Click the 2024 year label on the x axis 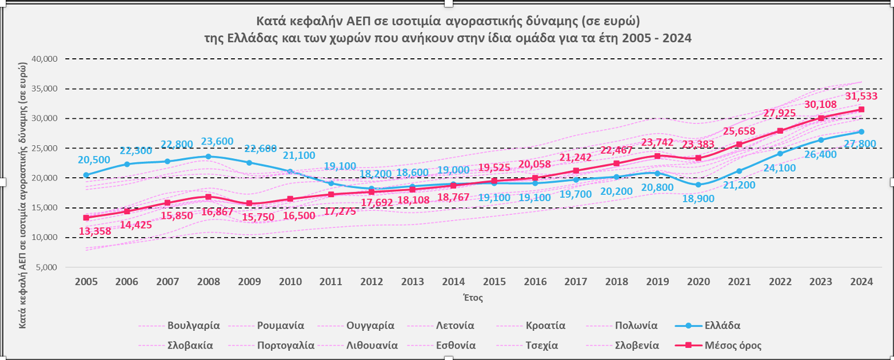pyautogui.click(x=861, y=281)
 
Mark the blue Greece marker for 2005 pyautogui.click(x=86, y=175)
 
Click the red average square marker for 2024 pyautogui.click(x=861, y=109)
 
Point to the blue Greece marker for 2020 pyautogui.click(x=698, y=185)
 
